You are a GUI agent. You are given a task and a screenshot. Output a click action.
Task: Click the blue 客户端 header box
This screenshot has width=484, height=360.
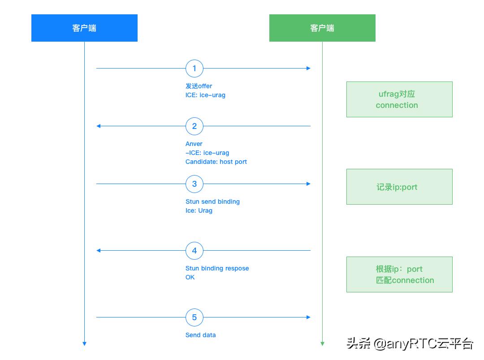84,28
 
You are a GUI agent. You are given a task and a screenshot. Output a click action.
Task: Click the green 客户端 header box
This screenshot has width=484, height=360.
322,28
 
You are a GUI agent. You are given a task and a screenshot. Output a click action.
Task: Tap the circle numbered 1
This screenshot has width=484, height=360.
194,69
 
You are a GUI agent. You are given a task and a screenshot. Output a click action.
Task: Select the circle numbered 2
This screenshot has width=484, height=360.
194,126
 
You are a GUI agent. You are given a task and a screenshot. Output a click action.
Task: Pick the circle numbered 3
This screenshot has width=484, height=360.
194,184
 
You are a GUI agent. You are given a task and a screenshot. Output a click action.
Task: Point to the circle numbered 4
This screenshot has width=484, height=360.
194,251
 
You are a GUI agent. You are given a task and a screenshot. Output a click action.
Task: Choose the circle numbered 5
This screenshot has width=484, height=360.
194,317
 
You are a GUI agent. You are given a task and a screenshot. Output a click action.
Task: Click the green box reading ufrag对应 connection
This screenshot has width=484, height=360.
399,99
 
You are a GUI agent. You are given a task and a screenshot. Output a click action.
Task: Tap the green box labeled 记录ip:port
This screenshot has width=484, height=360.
399,187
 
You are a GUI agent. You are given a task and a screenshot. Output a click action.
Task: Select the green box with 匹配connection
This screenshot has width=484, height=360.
399,274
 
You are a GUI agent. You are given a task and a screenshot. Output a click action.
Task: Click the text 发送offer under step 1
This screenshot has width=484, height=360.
199,86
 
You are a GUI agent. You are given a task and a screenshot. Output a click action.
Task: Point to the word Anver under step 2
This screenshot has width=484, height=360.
194,144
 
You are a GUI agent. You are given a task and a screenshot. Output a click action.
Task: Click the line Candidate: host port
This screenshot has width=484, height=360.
216,162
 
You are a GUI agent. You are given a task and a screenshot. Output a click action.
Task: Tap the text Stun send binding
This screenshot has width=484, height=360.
212,201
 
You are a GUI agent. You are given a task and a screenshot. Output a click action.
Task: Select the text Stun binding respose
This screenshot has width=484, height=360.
217,268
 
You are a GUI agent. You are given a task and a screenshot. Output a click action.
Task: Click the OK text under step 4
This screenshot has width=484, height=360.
190,277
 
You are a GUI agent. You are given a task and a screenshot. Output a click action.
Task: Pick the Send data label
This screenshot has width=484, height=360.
200,335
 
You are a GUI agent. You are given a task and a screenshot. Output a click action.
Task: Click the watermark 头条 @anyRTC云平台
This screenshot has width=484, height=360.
410,344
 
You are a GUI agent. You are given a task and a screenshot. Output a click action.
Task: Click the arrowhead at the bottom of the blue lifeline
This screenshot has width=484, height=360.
84,343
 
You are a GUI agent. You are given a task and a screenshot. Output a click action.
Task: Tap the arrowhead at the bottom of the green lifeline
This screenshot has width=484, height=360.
322,343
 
